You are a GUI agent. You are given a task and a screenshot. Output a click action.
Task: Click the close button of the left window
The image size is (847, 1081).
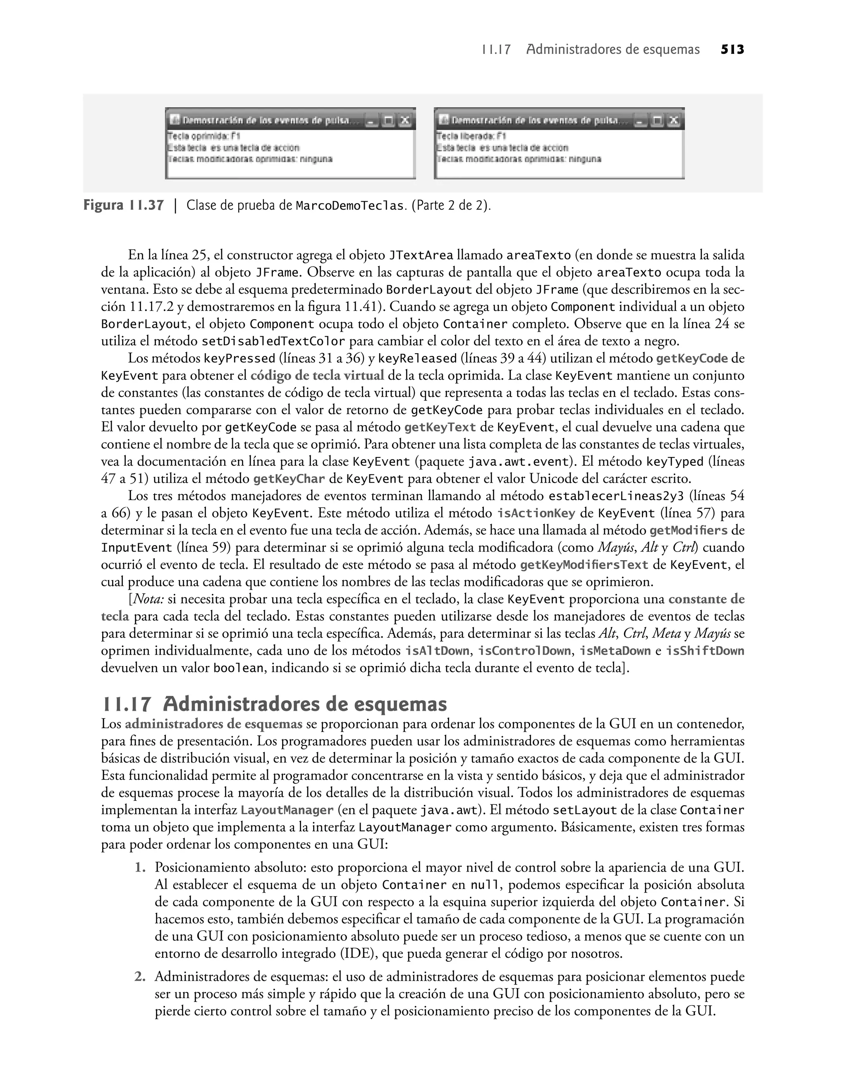pos(404,120)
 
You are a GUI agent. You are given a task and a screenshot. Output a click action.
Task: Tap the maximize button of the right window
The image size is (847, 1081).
pos(658,120)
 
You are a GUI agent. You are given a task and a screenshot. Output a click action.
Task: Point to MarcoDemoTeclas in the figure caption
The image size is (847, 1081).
pos(349,206)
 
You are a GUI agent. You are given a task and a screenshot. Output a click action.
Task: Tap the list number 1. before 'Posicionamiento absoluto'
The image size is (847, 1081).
pos(140,868)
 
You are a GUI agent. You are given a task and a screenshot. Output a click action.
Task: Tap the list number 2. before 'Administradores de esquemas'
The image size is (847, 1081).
pos(140,977)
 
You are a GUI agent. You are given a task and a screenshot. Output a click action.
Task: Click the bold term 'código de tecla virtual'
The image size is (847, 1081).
pos(317,376)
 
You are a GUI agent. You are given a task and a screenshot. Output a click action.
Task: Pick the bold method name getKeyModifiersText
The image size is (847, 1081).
pos(584,565)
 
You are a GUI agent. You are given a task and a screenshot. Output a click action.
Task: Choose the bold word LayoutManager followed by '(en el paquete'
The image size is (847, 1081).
pos(287,811)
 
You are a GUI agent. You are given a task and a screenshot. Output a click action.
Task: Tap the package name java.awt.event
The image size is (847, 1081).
pos(518,462)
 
